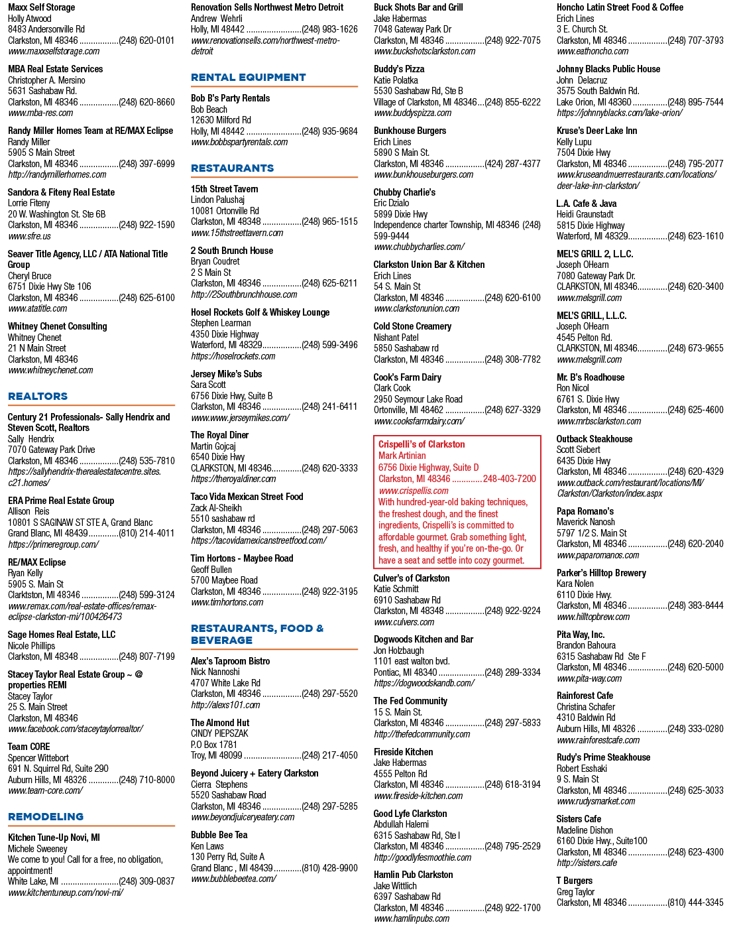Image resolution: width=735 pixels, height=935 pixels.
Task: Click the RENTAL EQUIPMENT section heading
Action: point(248,78)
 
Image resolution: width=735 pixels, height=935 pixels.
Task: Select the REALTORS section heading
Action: point(38,397)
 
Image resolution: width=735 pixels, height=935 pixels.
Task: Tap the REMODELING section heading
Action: point(46,816)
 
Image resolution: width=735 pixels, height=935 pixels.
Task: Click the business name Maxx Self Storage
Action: point(41,7)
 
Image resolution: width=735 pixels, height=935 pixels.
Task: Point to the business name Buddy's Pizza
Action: point(399,69)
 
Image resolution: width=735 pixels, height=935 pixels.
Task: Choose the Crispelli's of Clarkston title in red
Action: point(422,444)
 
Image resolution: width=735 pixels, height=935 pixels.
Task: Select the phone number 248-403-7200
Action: point(510,479)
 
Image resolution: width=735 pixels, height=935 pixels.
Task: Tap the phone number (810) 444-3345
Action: point(695,903)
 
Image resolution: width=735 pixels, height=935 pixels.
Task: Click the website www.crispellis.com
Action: point(414,491)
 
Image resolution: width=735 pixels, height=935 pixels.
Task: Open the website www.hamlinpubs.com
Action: point(412,918)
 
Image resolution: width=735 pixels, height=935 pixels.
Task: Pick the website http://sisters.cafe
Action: point(587,863)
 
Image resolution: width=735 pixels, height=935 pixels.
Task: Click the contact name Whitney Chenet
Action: point(34,338)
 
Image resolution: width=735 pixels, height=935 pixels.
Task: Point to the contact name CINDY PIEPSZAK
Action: point(219,733)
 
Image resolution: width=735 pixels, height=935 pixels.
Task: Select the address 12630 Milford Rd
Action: point(221,120)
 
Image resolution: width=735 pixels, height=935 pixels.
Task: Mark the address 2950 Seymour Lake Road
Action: point(418,399)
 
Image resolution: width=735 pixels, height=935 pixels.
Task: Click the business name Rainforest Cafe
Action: point(585,696)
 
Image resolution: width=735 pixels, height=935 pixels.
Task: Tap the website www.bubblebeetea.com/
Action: point(234,879)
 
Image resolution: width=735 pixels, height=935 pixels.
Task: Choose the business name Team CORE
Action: point(28,747)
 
